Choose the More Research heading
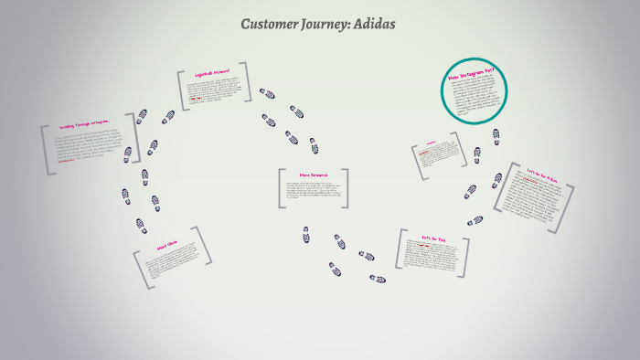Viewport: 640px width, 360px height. pos(313,175)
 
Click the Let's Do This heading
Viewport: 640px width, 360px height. pos(433,239)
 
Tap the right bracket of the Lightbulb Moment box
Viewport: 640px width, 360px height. pos(249,85)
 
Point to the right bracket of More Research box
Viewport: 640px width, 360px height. pos(346,188)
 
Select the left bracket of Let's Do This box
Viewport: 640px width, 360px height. pos(400,249)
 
